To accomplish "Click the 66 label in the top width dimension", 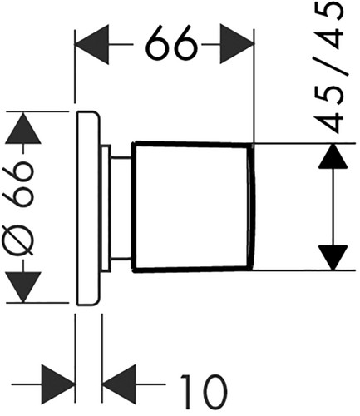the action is [171, 42].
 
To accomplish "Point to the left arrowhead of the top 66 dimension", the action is [91, 44].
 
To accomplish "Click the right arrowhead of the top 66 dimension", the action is [237, 44].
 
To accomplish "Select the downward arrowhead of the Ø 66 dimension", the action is [23, 287].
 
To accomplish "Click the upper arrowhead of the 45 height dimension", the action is [333, 156].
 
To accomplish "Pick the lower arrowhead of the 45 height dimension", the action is [333, 258].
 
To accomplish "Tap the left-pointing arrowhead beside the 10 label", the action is [119, 384].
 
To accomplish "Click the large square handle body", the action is [190, 206].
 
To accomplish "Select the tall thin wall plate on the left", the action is [88, 208].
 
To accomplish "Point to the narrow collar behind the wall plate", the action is [106, 207].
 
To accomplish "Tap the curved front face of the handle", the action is [252, 206].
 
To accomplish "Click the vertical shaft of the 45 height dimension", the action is [333, 207].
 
